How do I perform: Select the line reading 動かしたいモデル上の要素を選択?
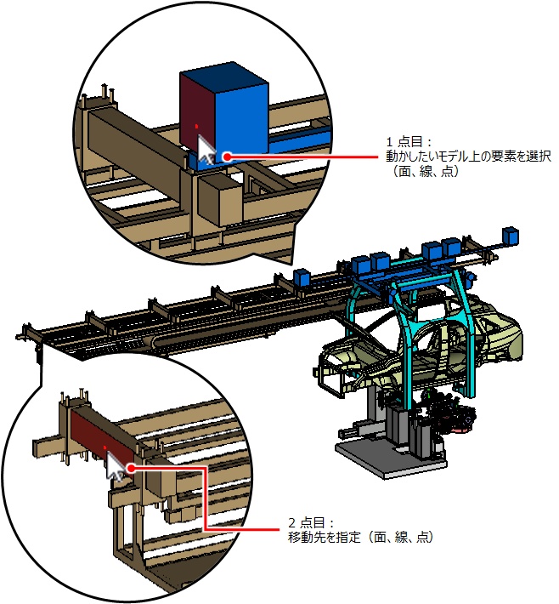(x=469, y=157)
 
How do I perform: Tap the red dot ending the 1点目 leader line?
(x=227, y=157)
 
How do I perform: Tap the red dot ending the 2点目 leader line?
(x=133, y=467)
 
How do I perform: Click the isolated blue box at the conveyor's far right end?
(x=511, y=235)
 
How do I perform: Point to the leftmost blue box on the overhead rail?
(x=301, y=276)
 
